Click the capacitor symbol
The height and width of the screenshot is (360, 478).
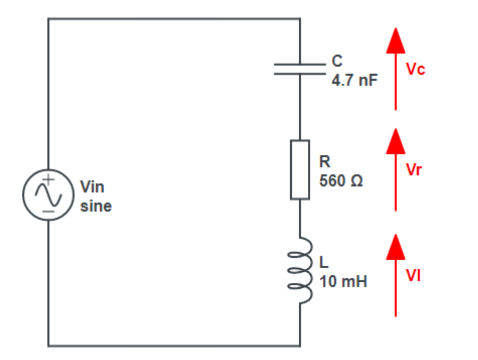click(300, 69)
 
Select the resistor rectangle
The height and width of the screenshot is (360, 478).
click(300, 169)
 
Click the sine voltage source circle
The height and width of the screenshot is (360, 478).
click(48, 194)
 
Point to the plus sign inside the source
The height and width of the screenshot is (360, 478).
click(50, 179)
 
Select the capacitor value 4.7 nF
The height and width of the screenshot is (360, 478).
click(354, 80)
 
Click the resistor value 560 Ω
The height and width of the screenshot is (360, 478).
click(341, 181)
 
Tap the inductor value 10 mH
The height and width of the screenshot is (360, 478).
click(343, 281)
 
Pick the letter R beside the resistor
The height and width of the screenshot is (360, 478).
click(325, 162)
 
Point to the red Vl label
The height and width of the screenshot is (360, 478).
click(413, 276)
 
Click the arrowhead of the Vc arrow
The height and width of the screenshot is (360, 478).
click(395, 41)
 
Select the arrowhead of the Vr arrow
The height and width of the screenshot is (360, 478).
click(395, 141)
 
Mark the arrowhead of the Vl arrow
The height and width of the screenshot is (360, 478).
click(395, 247)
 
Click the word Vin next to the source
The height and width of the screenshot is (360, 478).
click(93, 187)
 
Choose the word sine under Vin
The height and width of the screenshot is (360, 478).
click(96, 206)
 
